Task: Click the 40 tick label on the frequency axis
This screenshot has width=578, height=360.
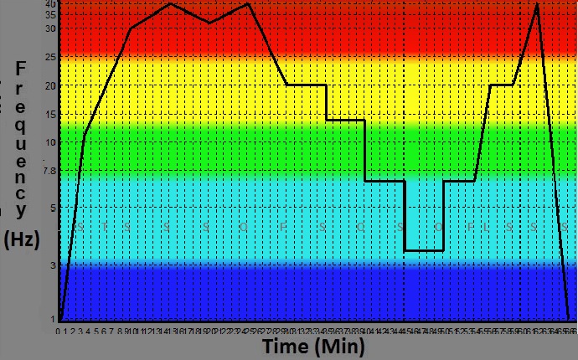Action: point(51,4)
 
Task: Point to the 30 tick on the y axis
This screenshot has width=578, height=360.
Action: point(51,28)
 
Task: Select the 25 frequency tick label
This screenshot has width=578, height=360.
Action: point(51,57)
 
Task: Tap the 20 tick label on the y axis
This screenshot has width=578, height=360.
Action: point(51,85)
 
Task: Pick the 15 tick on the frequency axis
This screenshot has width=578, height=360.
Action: point(51,115)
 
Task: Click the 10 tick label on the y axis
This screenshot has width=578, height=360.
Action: point(51,142)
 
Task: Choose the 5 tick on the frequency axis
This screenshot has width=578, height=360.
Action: point(53,208)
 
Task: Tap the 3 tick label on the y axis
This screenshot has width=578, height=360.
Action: point(53,265)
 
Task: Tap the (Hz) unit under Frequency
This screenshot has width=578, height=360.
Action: point(22,240)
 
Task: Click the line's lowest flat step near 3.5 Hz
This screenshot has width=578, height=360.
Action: point(424,250)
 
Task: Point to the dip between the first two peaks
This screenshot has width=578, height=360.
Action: point(209,23)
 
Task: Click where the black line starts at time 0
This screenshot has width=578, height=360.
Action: point(60,319)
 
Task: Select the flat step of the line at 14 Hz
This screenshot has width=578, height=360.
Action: point(345,120)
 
